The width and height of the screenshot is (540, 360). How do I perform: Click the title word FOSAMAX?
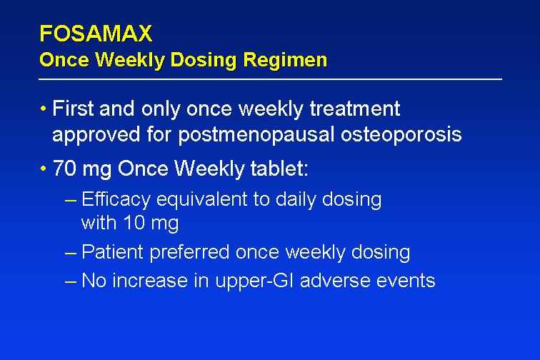(96, 34)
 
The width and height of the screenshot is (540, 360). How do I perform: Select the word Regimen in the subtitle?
(285, 60)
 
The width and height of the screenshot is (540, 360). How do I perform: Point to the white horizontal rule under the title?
(270, 79)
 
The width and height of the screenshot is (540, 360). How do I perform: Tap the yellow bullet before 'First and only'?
(43, 109)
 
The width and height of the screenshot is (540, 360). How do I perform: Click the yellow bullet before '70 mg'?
(43, 169)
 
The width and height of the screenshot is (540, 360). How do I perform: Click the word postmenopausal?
(256, 134)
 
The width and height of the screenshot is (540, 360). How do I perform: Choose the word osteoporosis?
(401, 134)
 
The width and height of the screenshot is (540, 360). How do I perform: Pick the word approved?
(96, 134)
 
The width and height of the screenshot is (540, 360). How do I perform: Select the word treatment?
(355, 109)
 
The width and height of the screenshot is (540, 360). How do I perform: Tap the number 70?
(64, 169)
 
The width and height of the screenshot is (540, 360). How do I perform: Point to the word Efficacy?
(116, 200)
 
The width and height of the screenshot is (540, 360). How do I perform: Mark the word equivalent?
(202, 200)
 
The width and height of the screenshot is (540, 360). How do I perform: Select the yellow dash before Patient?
(70, 253)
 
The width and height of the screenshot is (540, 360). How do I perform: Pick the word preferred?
(189, 252)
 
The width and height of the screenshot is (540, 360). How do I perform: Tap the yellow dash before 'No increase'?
(70, 281)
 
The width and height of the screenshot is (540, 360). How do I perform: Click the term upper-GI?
(254, 281)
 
